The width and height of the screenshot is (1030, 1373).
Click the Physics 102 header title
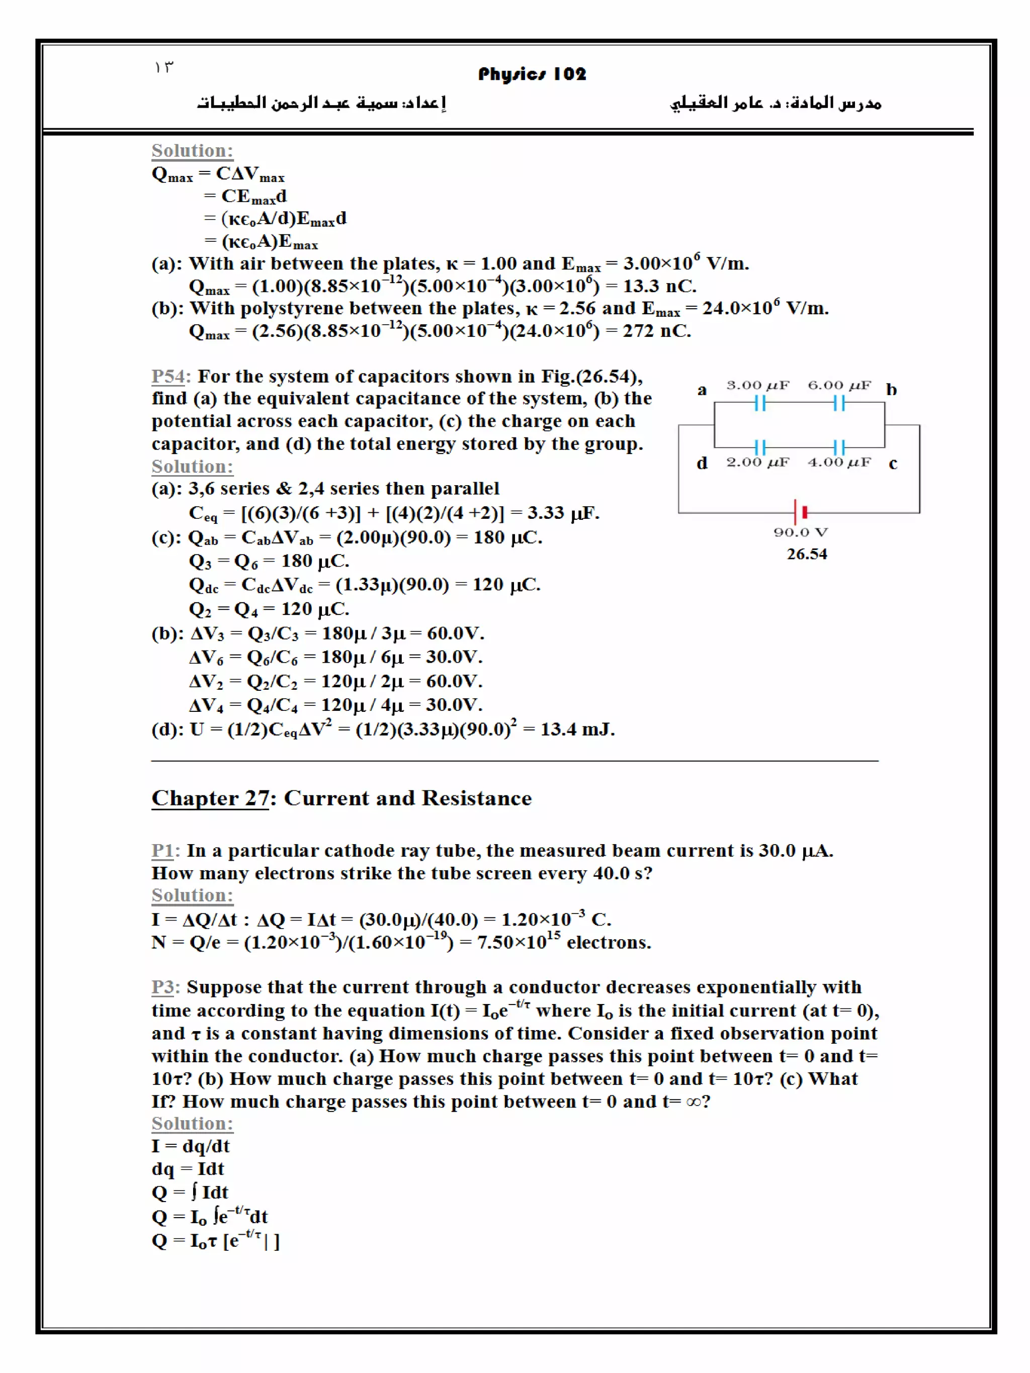[532, 74]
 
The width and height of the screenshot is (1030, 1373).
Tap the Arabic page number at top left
[164, 67]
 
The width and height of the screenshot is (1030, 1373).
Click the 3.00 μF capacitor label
[757, 386]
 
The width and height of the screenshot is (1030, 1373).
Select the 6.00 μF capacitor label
[839, 386]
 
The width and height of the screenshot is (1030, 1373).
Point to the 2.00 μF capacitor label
[757, 463]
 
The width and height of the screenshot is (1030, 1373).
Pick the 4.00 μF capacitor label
[839, 463]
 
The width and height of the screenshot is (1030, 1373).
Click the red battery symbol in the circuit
[804, 512]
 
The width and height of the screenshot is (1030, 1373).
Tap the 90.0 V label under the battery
[800, 532]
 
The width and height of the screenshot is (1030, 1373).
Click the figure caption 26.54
[807, 555]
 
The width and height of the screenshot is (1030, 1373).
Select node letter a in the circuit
[702, 391]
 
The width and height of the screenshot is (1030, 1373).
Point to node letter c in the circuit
[893, 464]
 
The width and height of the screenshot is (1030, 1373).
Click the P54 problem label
[169, 376]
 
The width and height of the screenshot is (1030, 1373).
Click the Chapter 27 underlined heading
[210, 798]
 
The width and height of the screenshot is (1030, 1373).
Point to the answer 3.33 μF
[562, 513]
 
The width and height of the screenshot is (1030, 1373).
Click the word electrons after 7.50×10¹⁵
[609, 943]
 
